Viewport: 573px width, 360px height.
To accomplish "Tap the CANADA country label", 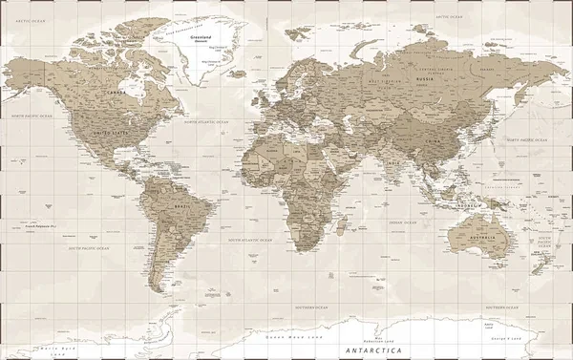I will coord(116,92).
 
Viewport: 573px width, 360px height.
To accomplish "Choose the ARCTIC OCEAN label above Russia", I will coord(449,17).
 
